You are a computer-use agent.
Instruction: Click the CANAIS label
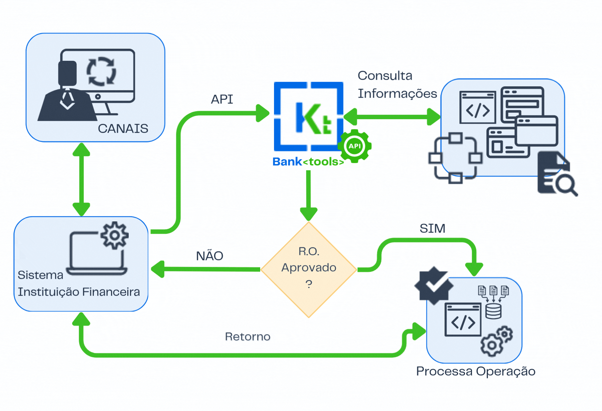point(123,129)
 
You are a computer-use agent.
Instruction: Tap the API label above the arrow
point(222,99)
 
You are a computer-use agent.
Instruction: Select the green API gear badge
point(354,146)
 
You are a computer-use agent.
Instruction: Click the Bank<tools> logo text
point(308,162)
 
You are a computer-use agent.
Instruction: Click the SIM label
point(432,229)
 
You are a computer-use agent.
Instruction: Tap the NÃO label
point(209,256)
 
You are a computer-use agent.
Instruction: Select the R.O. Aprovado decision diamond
point(308,269)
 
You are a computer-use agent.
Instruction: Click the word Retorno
point(247,337)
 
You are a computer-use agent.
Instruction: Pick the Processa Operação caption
point(475,371)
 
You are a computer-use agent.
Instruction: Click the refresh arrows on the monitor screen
point(101,71)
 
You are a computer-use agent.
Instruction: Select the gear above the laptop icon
point(114,236)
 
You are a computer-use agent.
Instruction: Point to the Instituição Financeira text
point(79,292)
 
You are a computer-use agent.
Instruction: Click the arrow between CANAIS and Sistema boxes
point(81,179)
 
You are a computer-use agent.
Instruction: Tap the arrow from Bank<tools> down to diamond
point(308,195)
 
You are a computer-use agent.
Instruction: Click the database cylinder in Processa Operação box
point(493,311)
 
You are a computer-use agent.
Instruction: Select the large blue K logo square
point(308,116)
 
